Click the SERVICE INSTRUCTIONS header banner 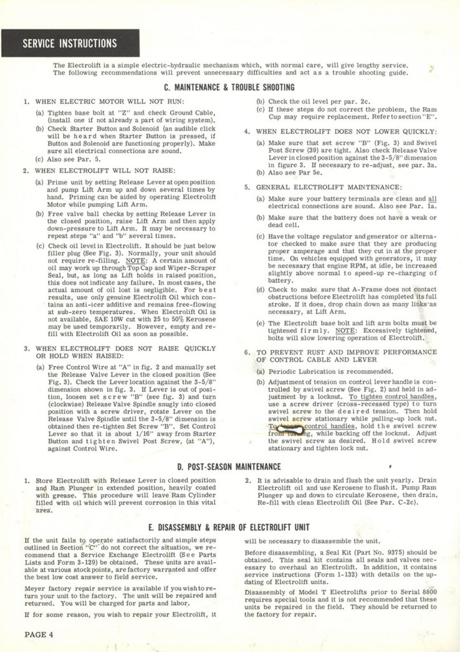[x=70, y=44]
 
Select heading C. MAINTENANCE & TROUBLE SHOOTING [x=229, y=87]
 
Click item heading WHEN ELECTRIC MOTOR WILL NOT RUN [x=109, y=101]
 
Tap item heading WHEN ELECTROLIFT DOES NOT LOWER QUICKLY [x=337, y=132]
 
